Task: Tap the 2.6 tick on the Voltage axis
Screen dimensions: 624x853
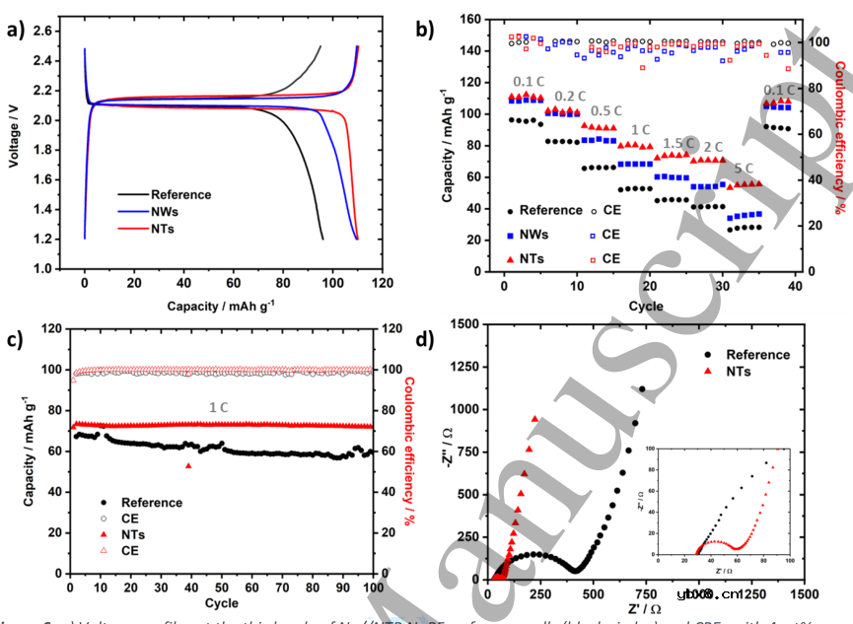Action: (42, 32)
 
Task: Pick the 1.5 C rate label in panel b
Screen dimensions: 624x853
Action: (679, 144)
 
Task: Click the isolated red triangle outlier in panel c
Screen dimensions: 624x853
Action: (188, 465)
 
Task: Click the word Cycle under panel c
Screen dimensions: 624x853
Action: (221, 602)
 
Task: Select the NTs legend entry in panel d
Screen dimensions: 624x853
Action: (738, 372)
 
